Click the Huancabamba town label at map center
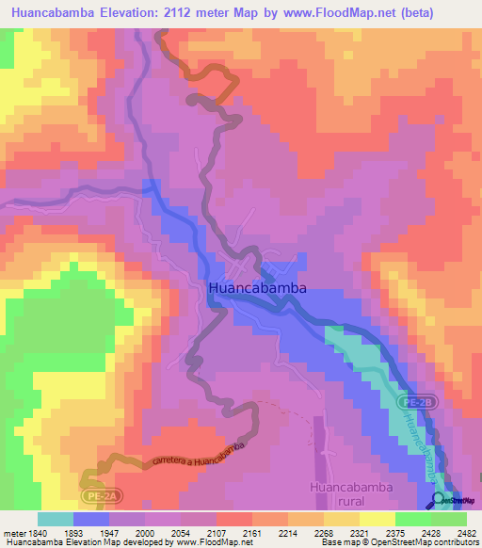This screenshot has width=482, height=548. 257,289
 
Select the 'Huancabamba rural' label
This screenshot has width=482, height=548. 347,494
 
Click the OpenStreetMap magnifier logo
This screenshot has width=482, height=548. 439,500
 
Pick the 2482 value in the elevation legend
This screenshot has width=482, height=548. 454,532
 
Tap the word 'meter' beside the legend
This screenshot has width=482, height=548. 14,532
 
